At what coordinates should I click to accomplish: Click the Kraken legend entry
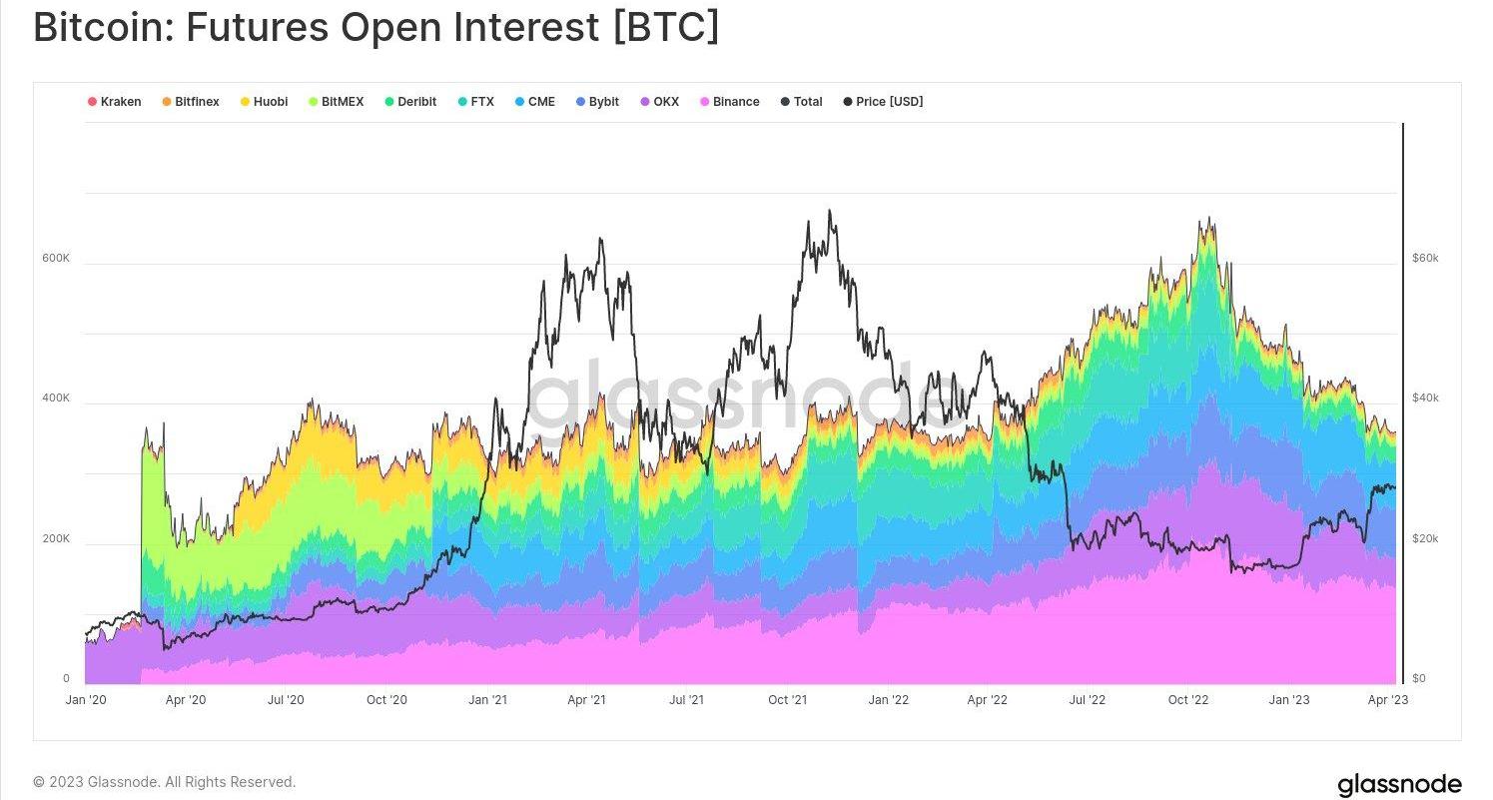pos(115,102)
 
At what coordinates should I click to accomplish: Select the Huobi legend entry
pos(264,102)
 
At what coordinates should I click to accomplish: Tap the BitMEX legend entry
pos(336,102)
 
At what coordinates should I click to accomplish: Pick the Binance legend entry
pos(730,102)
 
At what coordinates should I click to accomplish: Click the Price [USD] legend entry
pos(883,102)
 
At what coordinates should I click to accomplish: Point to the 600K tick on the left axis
pos(55,259)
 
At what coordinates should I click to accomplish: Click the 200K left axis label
pos(55,539)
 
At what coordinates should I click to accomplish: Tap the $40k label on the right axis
pos(1425,399)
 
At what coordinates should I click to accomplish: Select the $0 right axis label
pos(1418,679)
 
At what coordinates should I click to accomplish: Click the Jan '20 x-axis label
pos(86,700)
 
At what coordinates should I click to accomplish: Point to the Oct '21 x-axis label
pos(787,700)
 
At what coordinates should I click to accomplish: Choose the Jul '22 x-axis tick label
pos(1087,700)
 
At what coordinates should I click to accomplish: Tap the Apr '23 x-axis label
pos(1387,700)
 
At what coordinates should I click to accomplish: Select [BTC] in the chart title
pos(665,28)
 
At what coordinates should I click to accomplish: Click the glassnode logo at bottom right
pos(1399,784)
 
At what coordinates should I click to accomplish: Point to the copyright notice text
pos(165,782)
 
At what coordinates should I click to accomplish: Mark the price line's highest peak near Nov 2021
pos(830,211)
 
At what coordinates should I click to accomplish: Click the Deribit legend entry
pos(409,102)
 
